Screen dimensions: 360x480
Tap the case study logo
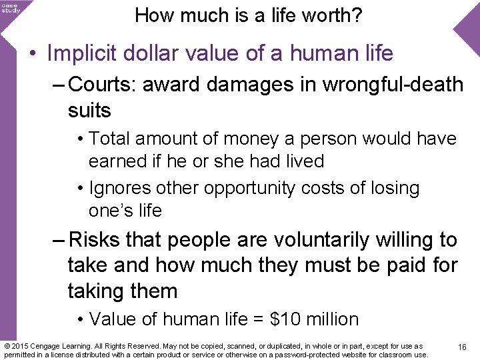tap(11, 7)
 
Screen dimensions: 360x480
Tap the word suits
tap(89, 110)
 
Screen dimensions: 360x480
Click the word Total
tap(111, 139)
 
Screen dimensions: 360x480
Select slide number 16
tap(462, 347)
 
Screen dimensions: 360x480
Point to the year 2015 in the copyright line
tap(21, 347)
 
